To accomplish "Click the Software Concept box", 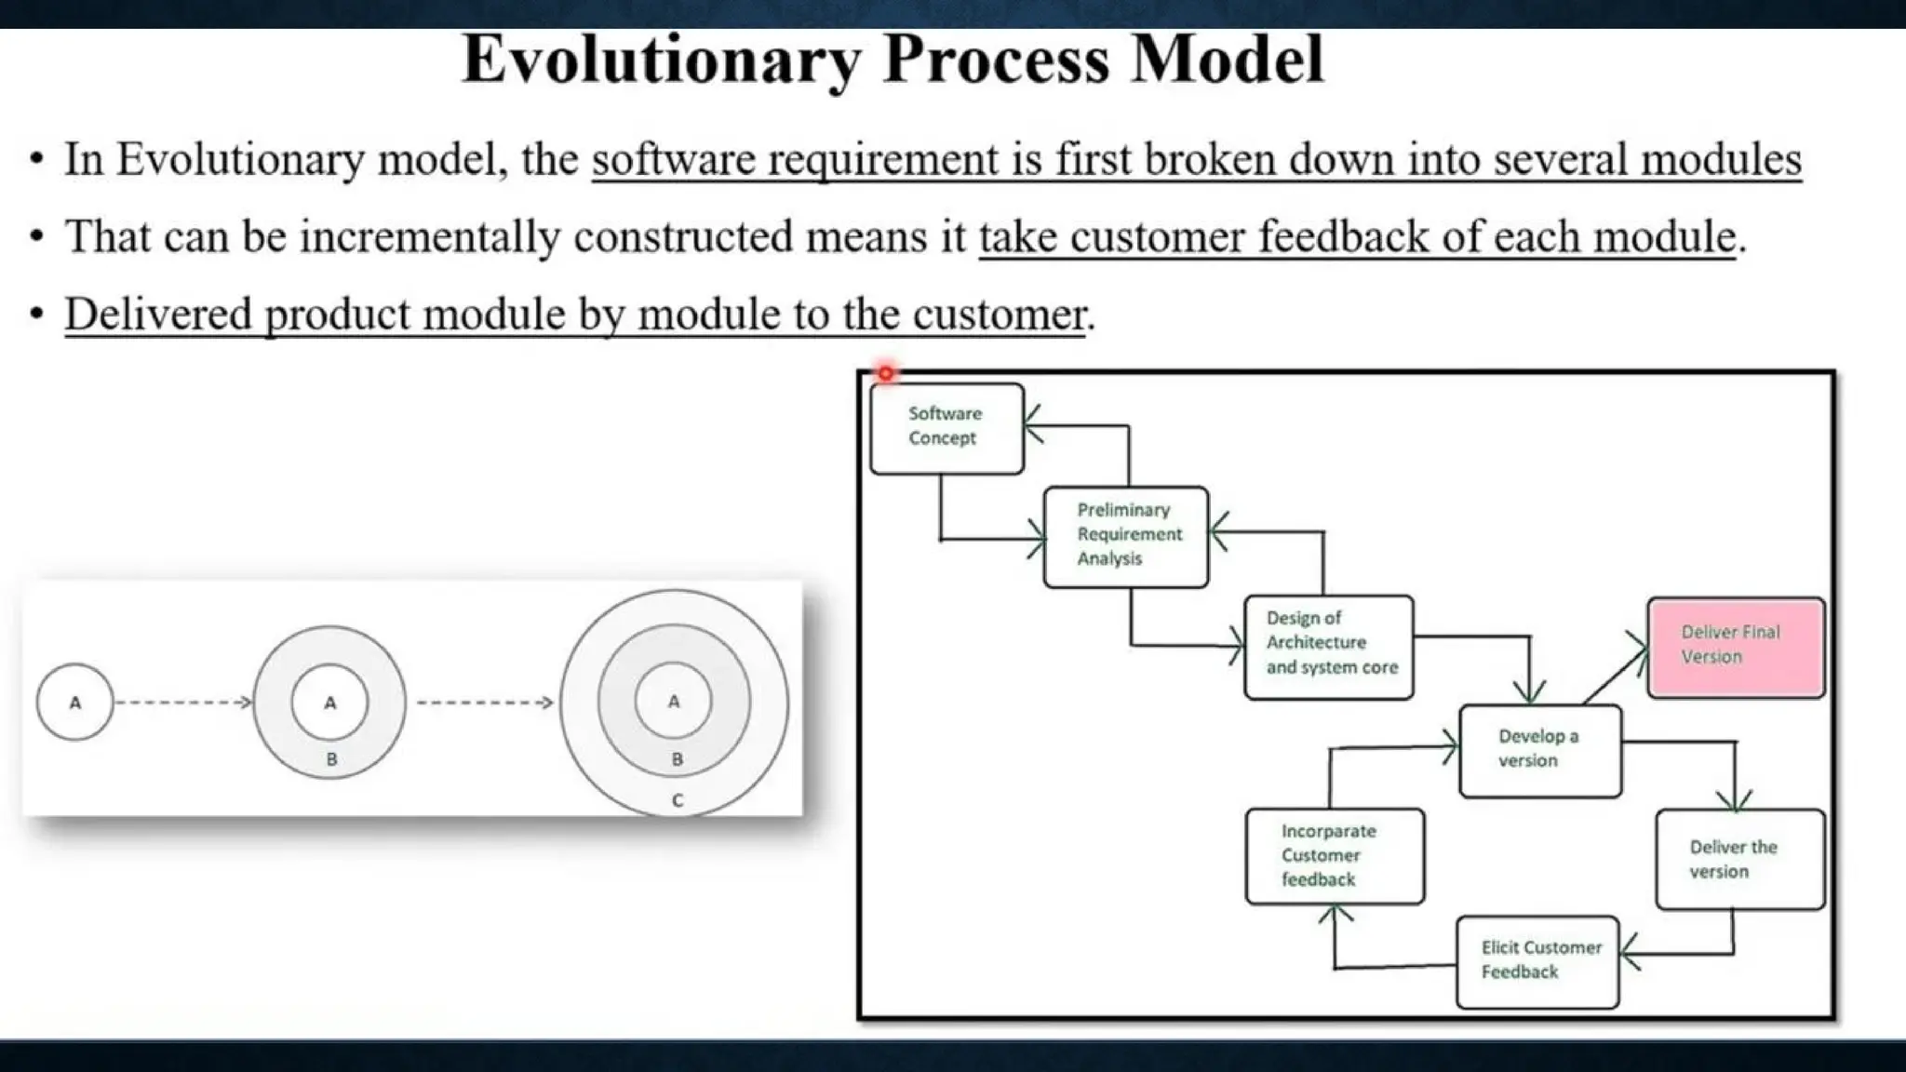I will point(946,428).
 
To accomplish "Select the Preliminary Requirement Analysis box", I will point(1126,536).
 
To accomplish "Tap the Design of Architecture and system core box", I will point(1328,647).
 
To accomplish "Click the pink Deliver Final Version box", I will point(1736,647).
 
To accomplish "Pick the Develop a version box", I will point(1540,750).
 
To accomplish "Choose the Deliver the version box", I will point(1739,859).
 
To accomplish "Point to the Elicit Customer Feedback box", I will point(1537,961).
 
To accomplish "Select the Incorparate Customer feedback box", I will point(1335,856).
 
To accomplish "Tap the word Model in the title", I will point(1227,60).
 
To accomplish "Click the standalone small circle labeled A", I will point(75,703).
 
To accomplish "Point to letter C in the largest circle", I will point(677,800).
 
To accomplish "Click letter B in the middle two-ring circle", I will point(331,759).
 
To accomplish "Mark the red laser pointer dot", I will point(885,373).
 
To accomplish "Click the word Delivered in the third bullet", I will point(158,315).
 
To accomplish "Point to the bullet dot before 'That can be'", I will point(36,237).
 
